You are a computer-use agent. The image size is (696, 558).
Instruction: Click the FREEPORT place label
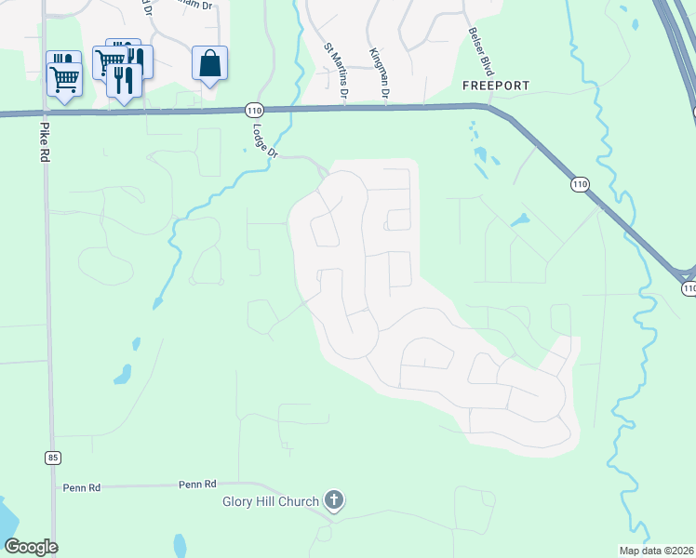pos(497,86)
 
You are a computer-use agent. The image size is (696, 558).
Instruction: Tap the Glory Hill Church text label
pos(271,502)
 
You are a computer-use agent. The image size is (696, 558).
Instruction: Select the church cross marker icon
pos(334,501)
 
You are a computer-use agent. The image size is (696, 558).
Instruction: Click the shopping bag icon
pos(210,64)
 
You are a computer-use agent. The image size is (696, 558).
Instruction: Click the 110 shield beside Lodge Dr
pos(253,108)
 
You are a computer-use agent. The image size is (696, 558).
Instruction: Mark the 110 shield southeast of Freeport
pos(580,185)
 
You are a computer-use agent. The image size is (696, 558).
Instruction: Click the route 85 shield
pos(52,457)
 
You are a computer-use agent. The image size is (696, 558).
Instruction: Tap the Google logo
pos(31,547)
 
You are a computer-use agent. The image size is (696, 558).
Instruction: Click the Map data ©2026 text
pos(657,551)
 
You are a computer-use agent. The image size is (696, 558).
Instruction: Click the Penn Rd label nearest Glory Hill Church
pos(197,485)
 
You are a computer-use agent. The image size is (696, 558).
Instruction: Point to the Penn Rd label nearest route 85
pos(81,487)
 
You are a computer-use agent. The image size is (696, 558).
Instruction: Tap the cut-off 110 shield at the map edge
pos(689,289)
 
